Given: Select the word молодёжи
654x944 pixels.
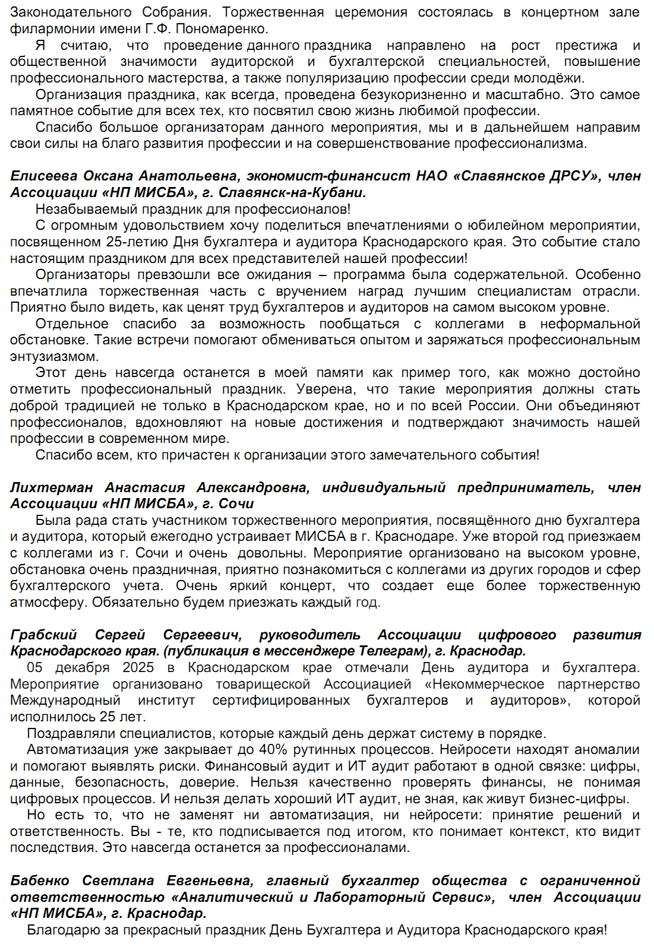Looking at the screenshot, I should (557, 78).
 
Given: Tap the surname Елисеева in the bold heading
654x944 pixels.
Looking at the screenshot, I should (44, 176).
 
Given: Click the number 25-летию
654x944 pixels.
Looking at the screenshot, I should (138, 242).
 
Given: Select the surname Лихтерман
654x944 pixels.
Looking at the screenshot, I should (52, 487).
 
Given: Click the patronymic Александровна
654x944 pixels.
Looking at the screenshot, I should (253, 487).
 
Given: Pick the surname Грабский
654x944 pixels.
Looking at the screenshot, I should (44, 635).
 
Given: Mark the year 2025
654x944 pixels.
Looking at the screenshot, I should (138, 667).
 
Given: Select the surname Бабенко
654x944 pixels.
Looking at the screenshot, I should (40, 880).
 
